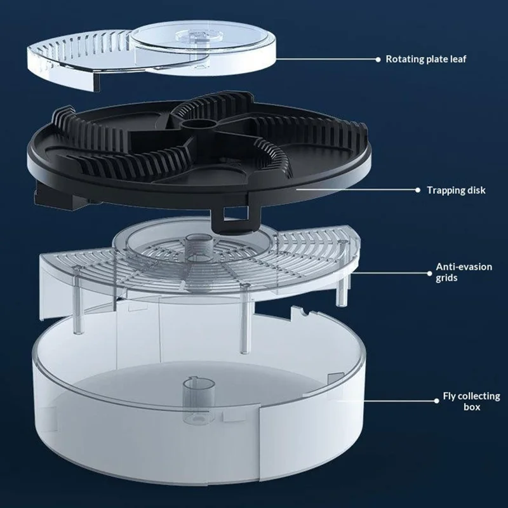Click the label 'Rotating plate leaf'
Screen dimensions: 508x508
tap(425, 59)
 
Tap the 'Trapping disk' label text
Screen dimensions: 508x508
tap(456, 190)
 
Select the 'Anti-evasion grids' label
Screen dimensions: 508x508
tap(464, 272)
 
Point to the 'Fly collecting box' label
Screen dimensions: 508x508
tap(471, 401)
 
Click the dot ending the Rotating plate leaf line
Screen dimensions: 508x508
tap(378, 60)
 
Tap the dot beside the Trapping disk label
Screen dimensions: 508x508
tap(418, 190)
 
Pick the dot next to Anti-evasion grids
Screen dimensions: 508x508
tap(429, 274)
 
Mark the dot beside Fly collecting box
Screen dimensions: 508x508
tap(436, 401)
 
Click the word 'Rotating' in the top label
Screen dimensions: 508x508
tap(403, 59)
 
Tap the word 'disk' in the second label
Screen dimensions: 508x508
tap(476, 190)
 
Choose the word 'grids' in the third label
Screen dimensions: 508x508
tap(446, 278)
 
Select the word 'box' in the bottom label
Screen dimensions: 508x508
tap(472, 407)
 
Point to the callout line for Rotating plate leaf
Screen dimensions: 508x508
tap(326, 59)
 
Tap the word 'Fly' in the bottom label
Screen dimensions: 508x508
tap(450, 396)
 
